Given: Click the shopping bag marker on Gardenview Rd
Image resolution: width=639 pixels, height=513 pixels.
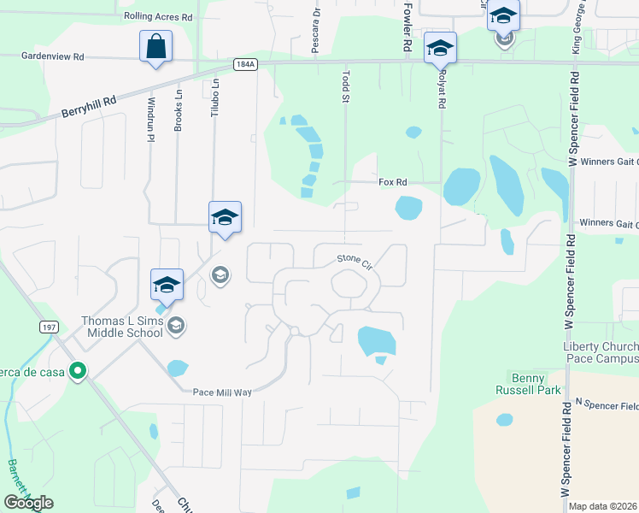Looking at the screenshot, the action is click(x=156, y=47).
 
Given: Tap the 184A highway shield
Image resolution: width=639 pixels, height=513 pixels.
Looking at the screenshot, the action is click(x=245, y=66).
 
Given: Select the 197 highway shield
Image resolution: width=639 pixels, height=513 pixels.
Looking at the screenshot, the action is click(x=47, y=327).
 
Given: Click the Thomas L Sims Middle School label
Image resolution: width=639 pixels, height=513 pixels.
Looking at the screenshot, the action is click(x=121, y=327).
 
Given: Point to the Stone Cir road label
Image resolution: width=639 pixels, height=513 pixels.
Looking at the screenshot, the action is click(x=355, y=260).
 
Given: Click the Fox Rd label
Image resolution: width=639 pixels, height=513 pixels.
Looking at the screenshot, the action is click(x=393, y=182).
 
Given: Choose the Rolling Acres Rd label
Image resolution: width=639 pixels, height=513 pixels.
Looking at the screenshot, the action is click(x=158, y=16).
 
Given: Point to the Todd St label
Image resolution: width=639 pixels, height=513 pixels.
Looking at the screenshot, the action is click(x=346, y=86).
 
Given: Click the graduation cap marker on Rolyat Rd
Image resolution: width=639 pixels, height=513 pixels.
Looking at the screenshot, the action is click(x=440, y=49).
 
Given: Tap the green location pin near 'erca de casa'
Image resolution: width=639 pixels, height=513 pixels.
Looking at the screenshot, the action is click(x=78, y=371).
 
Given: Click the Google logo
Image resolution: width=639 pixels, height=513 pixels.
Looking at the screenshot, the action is click(x=29, y=503).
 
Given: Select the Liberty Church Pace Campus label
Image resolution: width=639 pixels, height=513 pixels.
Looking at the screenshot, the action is click(x=601, y=353).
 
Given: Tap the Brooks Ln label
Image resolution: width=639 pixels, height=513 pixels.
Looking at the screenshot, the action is click(x=179, y=110).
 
